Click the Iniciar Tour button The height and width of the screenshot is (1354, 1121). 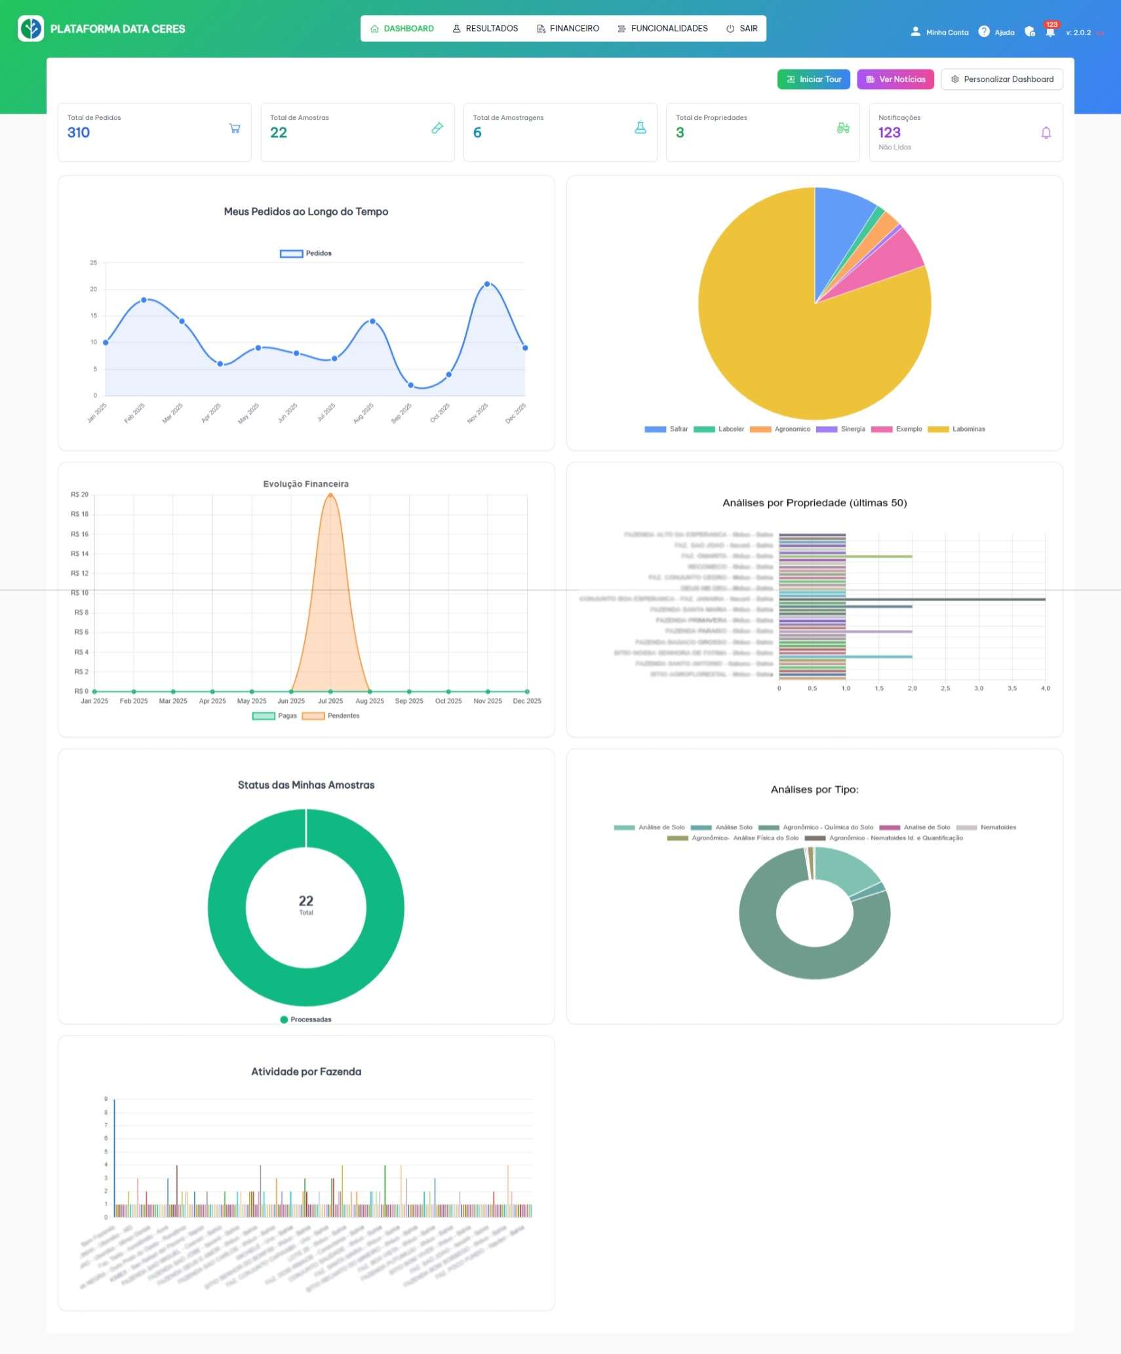814,79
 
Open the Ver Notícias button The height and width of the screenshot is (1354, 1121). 895,79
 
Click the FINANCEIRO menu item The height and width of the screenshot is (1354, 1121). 568,29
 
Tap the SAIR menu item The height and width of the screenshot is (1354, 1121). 742,29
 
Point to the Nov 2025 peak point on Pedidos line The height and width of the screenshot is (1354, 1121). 487,284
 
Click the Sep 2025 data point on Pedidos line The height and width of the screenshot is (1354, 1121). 410,385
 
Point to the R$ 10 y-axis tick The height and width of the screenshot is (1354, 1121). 80,593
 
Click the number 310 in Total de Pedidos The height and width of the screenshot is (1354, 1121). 79,132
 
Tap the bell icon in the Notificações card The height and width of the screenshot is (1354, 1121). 1046,133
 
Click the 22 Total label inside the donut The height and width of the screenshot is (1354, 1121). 305,904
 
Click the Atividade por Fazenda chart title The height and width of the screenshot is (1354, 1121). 305,1071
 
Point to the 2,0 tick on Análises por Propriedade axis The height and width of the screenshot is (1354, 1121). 912,688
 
